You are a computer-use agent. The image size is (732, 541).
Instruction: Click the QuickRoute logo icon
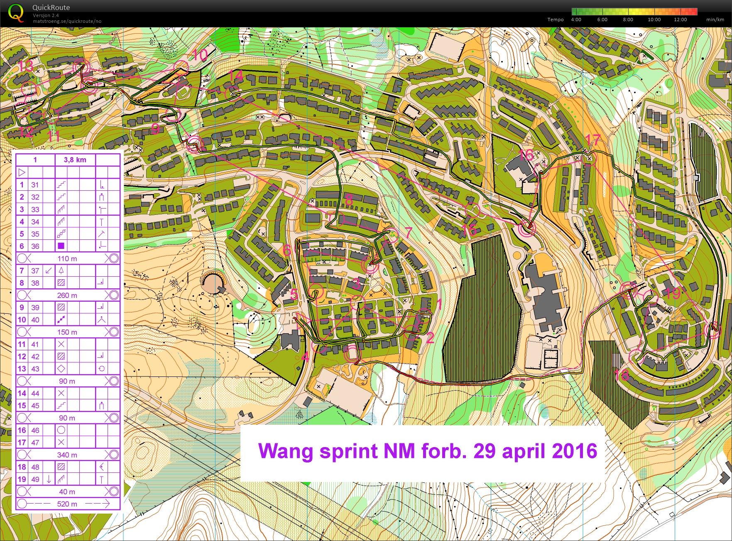click(16, 12)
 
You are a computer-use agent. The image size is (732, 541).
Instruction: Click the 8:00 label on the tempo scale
click(628, 20)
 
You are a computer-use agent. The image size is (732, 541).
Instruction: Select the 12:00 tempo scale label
click(681, 20)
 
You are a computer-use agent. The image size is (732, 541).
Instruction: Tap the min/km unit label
click(715, 20)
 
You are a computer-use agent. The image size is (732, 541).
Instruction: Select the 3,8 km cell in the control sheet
click(75, 160)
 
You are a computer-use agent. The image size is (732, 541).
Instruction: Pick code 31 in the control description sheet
click(35, 185)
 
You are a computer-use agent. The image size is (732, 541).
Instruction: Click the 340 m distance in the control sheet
click(67, 455)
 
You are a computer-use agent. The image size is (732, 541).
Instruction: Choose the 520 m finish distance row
click(67, 504)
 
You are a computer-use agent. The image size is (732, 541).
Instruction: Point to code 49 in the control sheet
click(35, 479)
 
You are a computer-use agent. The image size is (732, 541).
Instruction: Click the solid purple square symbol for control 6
click(61, 246)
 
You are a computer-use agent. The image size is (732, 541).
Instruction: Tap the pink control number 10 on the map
click(200, 55)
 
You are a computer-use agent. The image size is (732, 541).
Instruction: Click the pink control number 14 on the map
click(235, 76)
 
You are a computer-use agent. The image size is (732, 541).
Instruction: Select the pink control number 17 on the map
click(592, 140)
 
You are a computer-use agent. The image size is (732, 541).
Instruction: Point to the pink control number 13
click(26, 66)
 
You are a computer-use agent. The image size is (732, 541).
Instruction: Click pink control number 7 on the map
click(409, 232)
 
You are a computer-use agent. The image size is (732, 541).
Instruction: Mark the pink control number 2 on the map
click(430, 337)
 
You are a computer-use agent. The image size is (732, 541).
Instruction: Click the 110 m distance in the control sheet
click(67, 258)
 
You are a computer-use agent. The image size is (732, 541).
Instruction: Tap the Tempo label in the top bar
click(555, 20)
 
